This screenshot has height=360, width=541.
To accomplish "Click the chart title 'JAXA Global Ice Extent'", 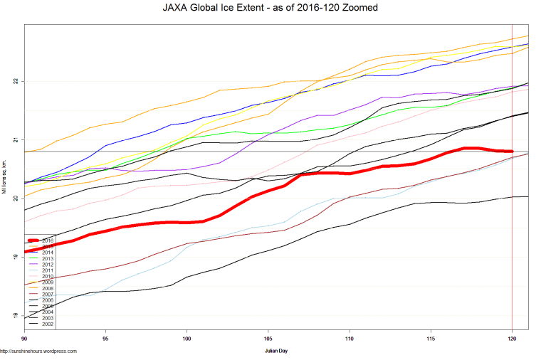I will pyautogui.click(x=270, y=8).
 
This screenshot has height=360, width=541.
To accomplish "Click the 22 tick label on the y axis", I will pyautogui.click(x=16, y=81).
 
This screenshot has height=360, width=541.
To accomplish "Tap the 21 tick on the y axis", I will pyautogui.click(x=16, y=139).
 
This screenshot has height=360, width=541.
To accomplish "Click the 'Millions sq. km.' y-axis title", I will pyautogui.click(x=5, y=178).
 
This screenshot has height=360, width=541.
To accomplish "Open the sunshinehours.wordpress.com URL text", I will pyautogui.click(x=38, y=351).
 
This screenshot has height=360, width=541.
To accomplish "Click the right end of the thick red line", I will pyautogui.click(x=512, y=151).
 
